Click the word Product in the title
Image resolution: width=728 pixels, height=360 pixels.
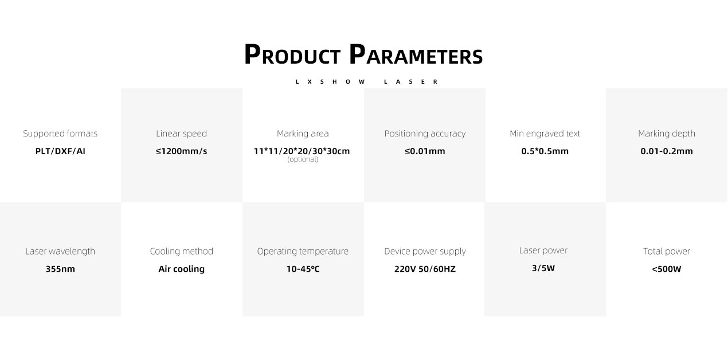point(292,54)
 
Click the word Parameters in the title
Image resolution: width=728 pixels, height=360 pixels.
point(416,54)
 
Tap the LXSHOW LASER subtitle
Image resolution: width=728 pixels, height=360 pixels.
point(367,81)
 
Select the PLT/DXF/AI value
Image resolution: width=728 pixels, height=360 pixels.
point(60,151)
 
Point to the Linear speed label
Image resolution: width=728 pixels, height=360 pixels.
point(181,134)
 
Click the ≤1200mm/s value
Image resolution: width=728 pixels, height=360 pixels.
point(181,151)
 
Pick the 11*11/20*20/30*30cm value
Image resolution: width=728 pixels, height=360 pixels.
point(302,151)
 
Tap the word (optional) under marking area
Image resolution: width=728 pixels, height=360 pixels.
point(303,159)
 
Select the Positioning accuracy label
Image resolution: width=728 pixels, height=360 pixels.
point(425,134)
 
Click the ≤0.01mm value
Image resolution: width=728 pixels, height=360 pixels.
point(425,151)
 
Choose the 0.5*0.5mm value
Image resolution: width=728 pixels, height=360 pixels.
point(545,151)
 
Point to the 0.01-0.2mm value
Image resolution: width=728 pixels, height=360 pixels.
point(667,151)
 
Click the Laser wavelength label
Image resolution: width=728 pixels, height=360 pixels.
point(60,251)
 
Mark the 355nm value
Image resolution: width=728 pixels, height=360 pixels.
point(60,269)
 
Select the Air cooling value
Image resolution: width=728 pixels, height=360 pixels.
point(181,269)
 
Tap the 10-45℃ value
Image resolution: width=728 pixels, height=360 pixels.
point(303,269)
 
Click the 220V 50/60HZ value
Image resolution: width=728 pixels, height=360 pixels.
point(425,269)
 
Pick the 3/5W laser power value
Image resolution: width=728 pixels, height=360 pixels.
point(543,268)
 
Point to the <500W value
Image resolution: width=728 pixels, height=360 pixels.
point(667,269)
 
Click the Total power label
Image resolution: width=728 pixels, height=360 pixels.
point(667,251)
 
